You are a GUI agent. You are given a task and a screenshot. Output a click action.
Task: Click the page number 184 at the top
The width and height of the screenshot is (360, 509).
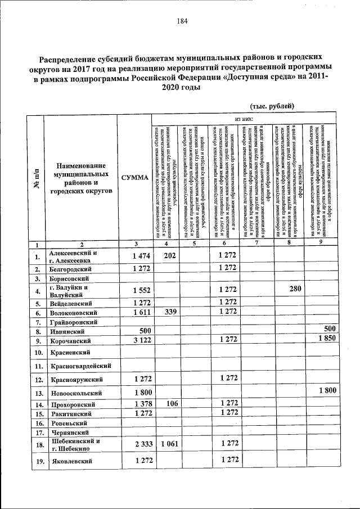(182, 22)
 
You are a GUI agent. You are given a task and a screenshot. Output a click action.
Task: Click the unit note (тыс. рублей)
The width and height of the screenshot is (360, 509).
(272, 106)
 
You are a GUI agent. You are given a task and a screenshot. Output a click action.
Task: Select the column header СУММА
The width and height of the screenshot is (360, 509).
(134, 178)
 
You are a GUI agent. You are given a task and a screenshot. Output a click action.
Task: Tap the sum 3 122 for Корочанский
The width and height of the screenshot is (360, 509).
(136, 340)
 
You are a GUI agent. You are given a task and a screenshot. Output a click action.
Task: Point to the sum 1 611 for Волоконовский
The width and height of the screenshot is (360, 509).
(136, 312)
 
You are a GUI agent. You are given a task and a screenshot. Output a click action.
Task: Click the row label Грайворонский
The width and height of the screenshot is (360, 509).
(74, 322)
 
